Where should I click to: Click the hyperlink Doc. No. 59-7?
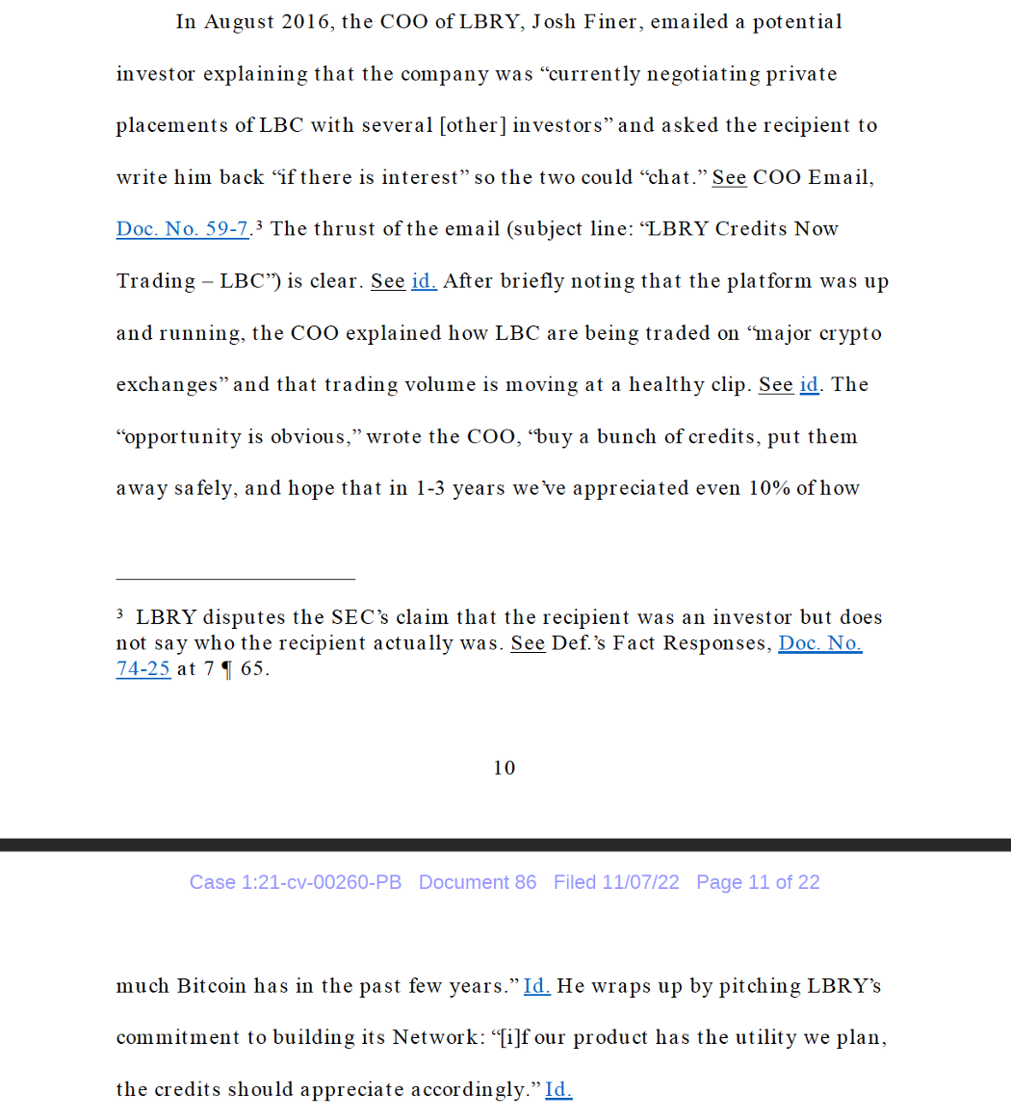click(x=183, y=229)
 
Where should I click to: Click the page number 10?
click(x=505, y=768)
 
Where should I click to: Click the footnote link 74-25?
click(x=143, y=668)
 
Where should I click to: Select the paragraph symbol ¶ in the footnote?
click(x=227, y=668)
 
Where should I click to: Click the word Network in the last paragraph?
click(x=433, y=1038)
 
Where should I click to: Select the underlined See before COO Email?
click(x=729, y=177)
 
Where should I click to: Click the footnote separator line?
click(x=235, y=579)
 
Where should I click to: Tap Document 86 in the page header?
click(x=478, y=882)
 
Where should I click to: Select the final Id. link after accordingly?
click(x=558, y=1089)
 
